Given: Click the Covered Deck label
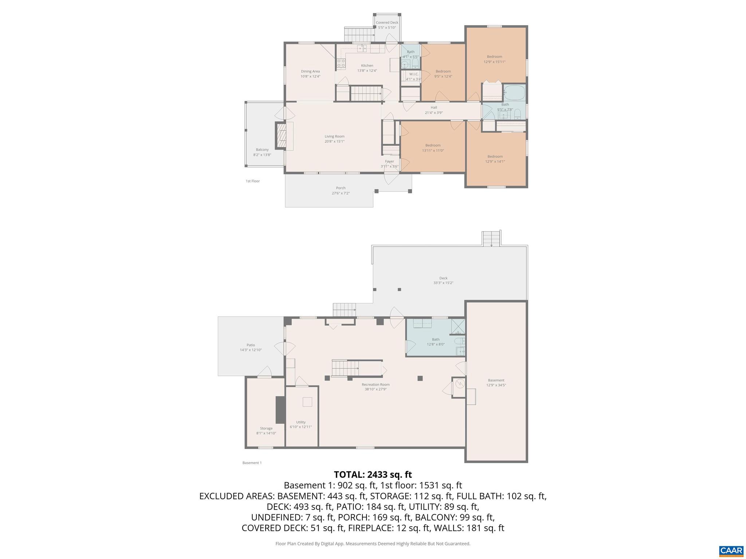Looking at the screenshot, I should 387,23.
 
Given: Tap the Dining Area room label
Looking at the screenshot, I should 310,71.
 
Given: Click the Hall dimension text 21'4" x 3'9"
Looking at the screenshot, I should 433,113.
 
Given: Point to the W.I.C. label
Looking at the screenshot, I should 414,74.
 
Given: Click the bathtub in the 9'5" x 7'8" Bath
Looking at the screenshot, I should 514,92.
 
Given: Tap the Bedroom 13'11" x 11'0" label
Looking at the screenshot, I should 433,145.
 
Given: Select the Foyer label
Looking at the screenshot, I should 389,161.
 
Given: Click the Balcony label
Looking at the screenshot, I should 262,150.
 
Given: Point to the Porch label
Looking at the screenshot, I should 341,188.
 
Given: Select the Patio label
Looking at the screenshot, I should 251,345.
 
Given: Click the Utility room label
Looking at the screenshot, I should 301,422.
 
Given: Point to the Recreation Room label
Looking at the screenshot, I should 376,384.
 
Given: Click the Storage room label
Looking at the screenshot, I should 266,428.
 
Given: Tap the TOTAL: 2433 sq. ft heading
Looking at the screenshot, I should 373,475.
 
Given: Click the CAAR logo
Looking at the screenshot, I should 731,551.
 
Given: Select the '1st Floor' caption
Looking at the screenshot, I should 253,181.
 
